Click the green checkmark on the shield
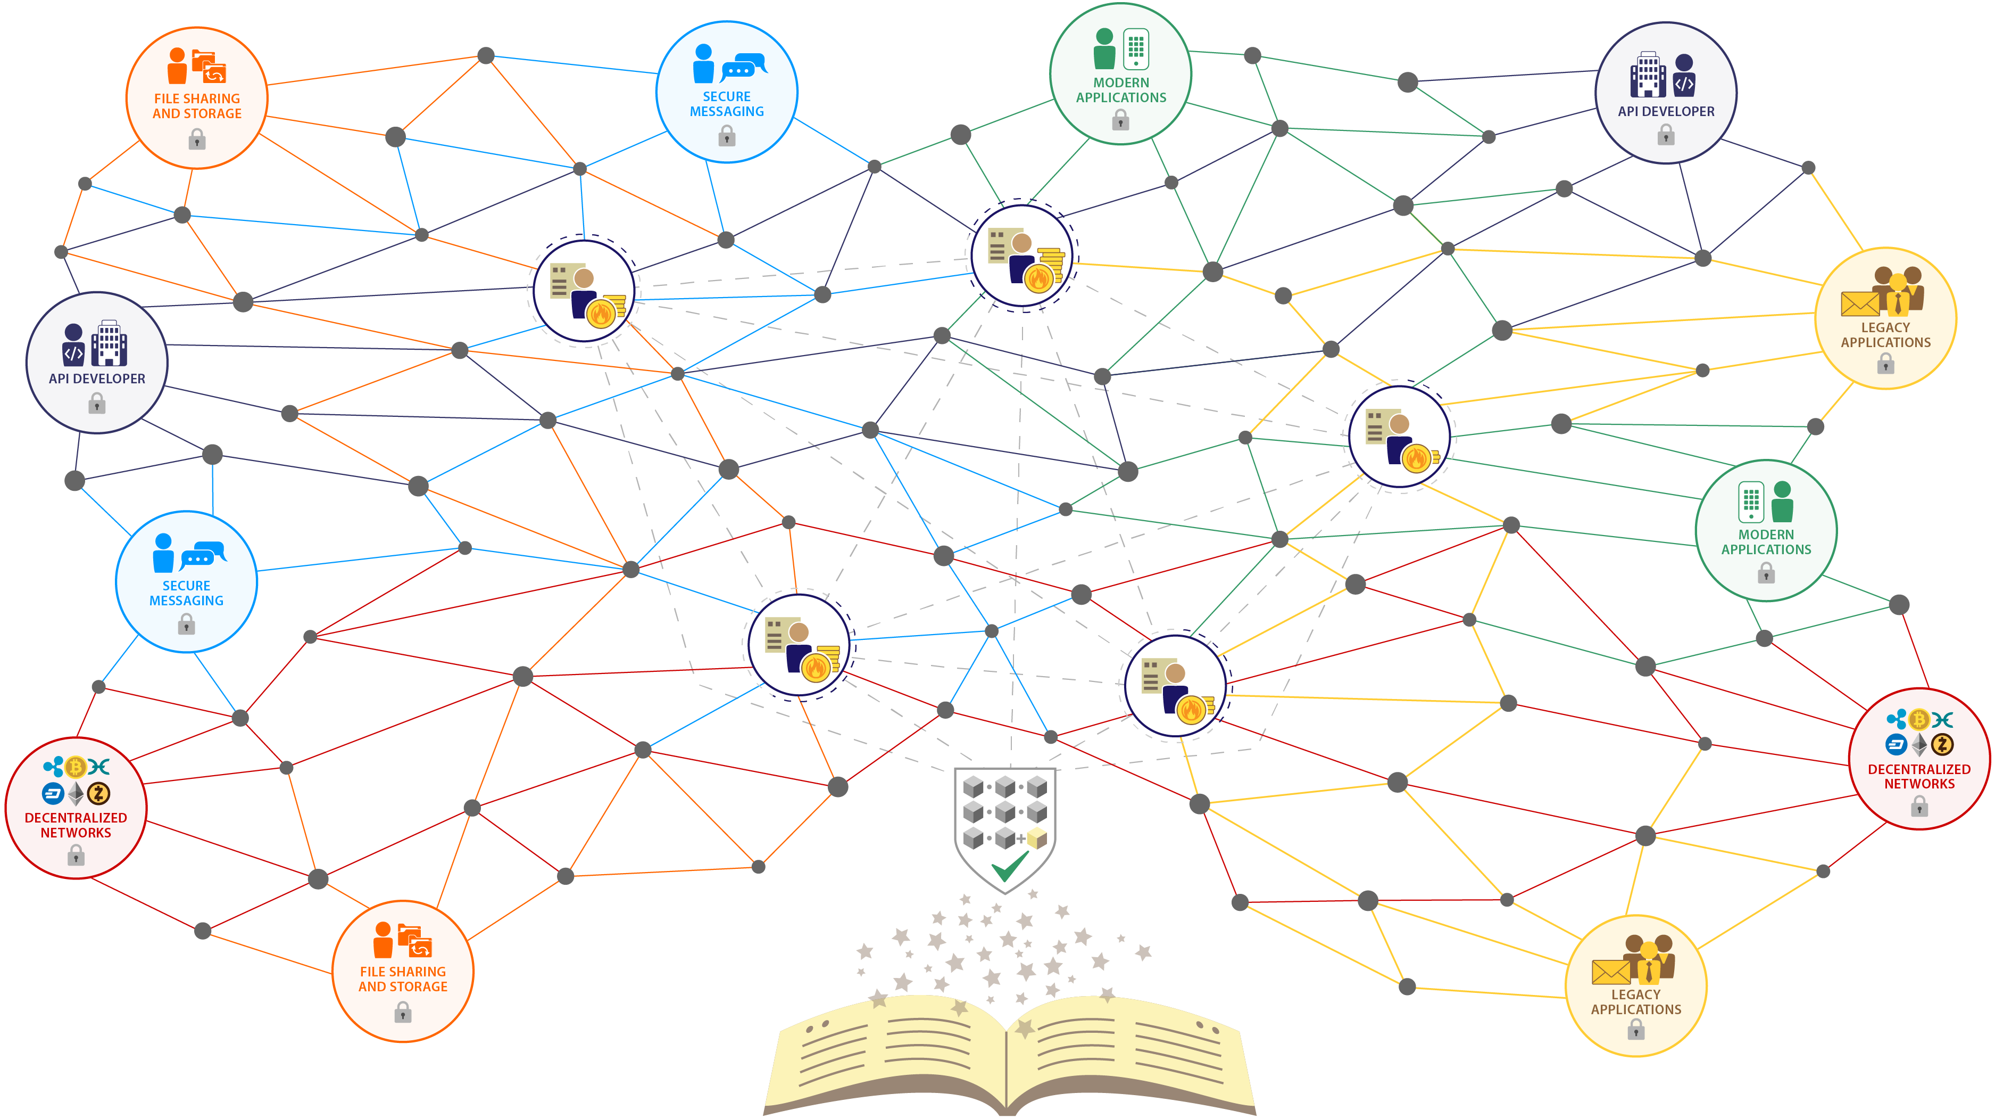click(x=1009, y=867)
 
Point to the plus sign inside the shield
click(x=1021, y=838)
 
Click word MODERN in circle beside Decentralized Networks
click(x=1766, y=535)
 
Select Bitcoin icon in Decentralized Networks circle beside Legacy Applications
click(x=1918, y=720)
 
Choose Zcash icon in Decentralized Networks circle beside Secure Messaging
click(x=98, y=793)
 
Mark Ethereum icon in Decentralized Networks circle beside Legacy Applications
click(x=1919, y=745)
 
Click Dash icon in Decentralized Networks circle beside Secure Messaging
click(x=53, y=793)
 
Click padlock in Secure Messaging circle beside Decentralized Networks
click(x=186, y=624)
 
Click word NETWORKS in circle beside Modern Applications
click(x=1919, y=783)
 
